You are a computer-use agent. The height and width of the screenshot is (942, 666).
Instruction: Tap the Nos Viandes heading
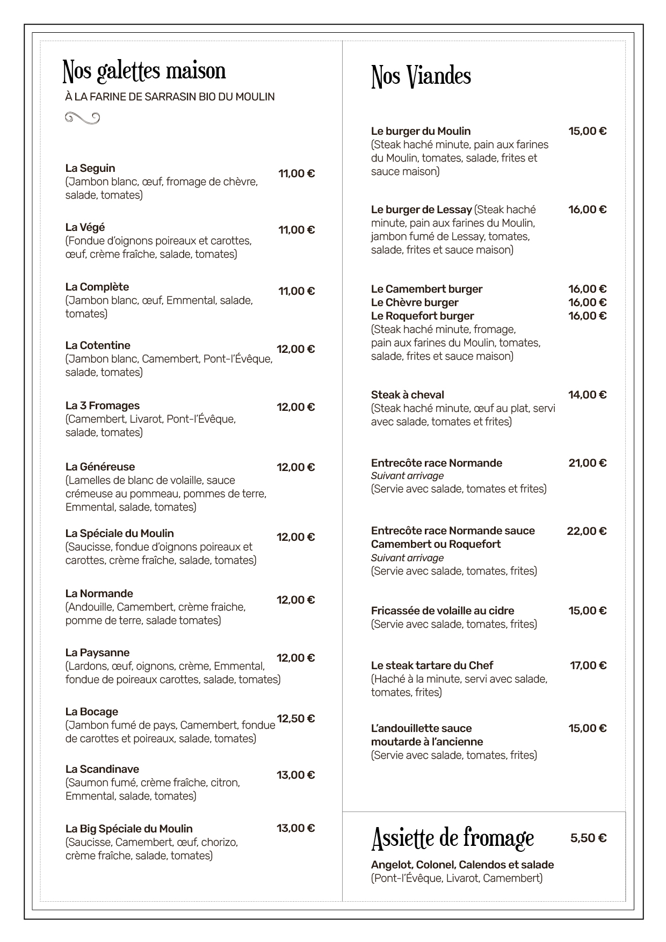pyautogui.click(x=421, y=77)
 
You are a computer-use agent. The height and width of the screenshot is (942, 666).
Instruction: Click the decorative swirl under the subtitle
pyautogui.click(x=82, y=118)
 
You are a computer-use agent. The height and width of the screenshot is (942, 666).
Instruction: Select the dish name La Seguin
pyautogui.click(x=90, y=168)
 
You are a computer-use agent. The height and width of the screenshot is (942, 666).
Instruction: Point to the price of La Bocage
pyautogui.click(x=295, y=719)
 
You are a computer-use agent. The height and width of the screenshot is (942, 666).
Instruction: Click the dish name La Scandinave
pyautogui.click(x=102, y=769)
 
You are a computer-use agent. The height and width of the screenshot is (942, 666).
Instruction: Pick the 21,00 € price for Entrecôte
pyautogui.click(x=588, y=463)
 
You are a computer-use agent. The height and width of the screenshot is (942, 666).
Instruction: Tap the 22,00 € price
pyautogui.click(x=587, y=531)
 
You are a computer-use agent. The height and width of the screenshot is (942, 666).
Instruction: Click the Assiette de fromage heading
pyautogui.click(x=452, y=839)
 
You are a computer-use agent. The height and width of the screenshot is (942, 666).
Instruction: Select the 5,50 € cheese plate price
pyautogui.click(x=588, y=838)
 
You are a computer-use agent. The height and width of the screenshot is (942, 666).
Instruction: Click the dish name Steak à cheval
pyautogui.click(x=408, y=395)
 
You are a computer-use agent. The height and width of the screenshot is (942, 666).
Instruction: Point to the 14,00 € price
pyautogui.click(x=588, y=395)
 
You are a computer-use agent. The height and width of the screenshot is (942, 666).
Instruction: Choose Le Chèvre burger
pyautogui.click(x=415, y=302)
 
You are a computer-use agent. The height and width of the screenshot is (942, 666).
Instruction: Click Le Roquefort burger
pyautogui.click(x=423, y=316)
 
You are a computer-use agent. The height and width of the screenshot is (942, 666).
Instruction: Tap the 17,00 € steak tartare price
pyautogui.click(x=588, y=665)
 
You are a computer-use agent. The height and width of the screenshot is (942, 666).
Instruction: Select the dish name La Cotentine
pyautogui.click(x=98, y=345)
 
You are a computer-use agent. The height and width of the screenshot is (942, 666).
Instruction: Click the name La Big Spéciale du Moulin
pyautogui.click(x=129, y=829)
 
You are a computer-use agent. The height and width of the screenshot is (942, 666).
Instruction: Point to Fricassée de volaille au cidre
pyautogui.click(x=443, y=611)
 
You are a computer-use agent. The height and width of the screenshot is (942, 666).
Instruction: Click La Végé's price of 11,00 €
pyautogui.click(x=296, y=230)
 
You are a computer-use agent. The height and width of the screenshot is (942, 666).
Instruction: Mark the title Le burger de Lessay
pyautogui.click(x=422, y=209)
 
